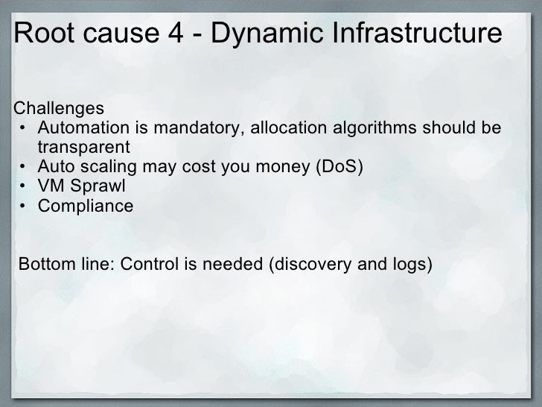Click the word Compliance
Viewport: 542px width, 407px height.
(x=86, y=206)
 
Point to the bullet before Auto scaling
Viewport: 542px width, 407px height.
(x=25, y=166)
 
